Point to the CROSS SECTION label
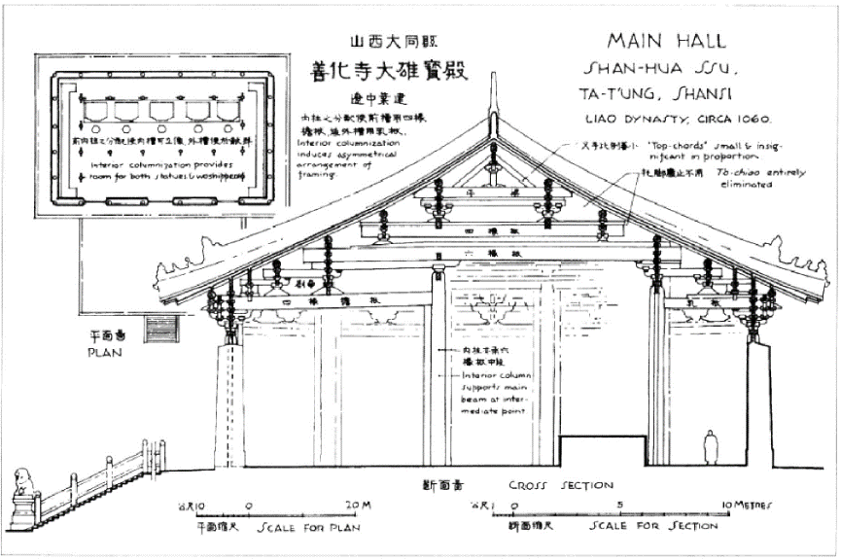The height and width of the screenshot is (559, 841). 561,485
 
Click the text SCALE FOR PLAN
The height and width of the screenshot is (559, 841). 309,529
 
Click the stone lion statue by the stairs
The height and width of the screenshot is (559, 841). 21,485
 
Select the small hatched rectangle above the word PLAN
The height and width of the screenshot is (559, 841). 161,329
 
